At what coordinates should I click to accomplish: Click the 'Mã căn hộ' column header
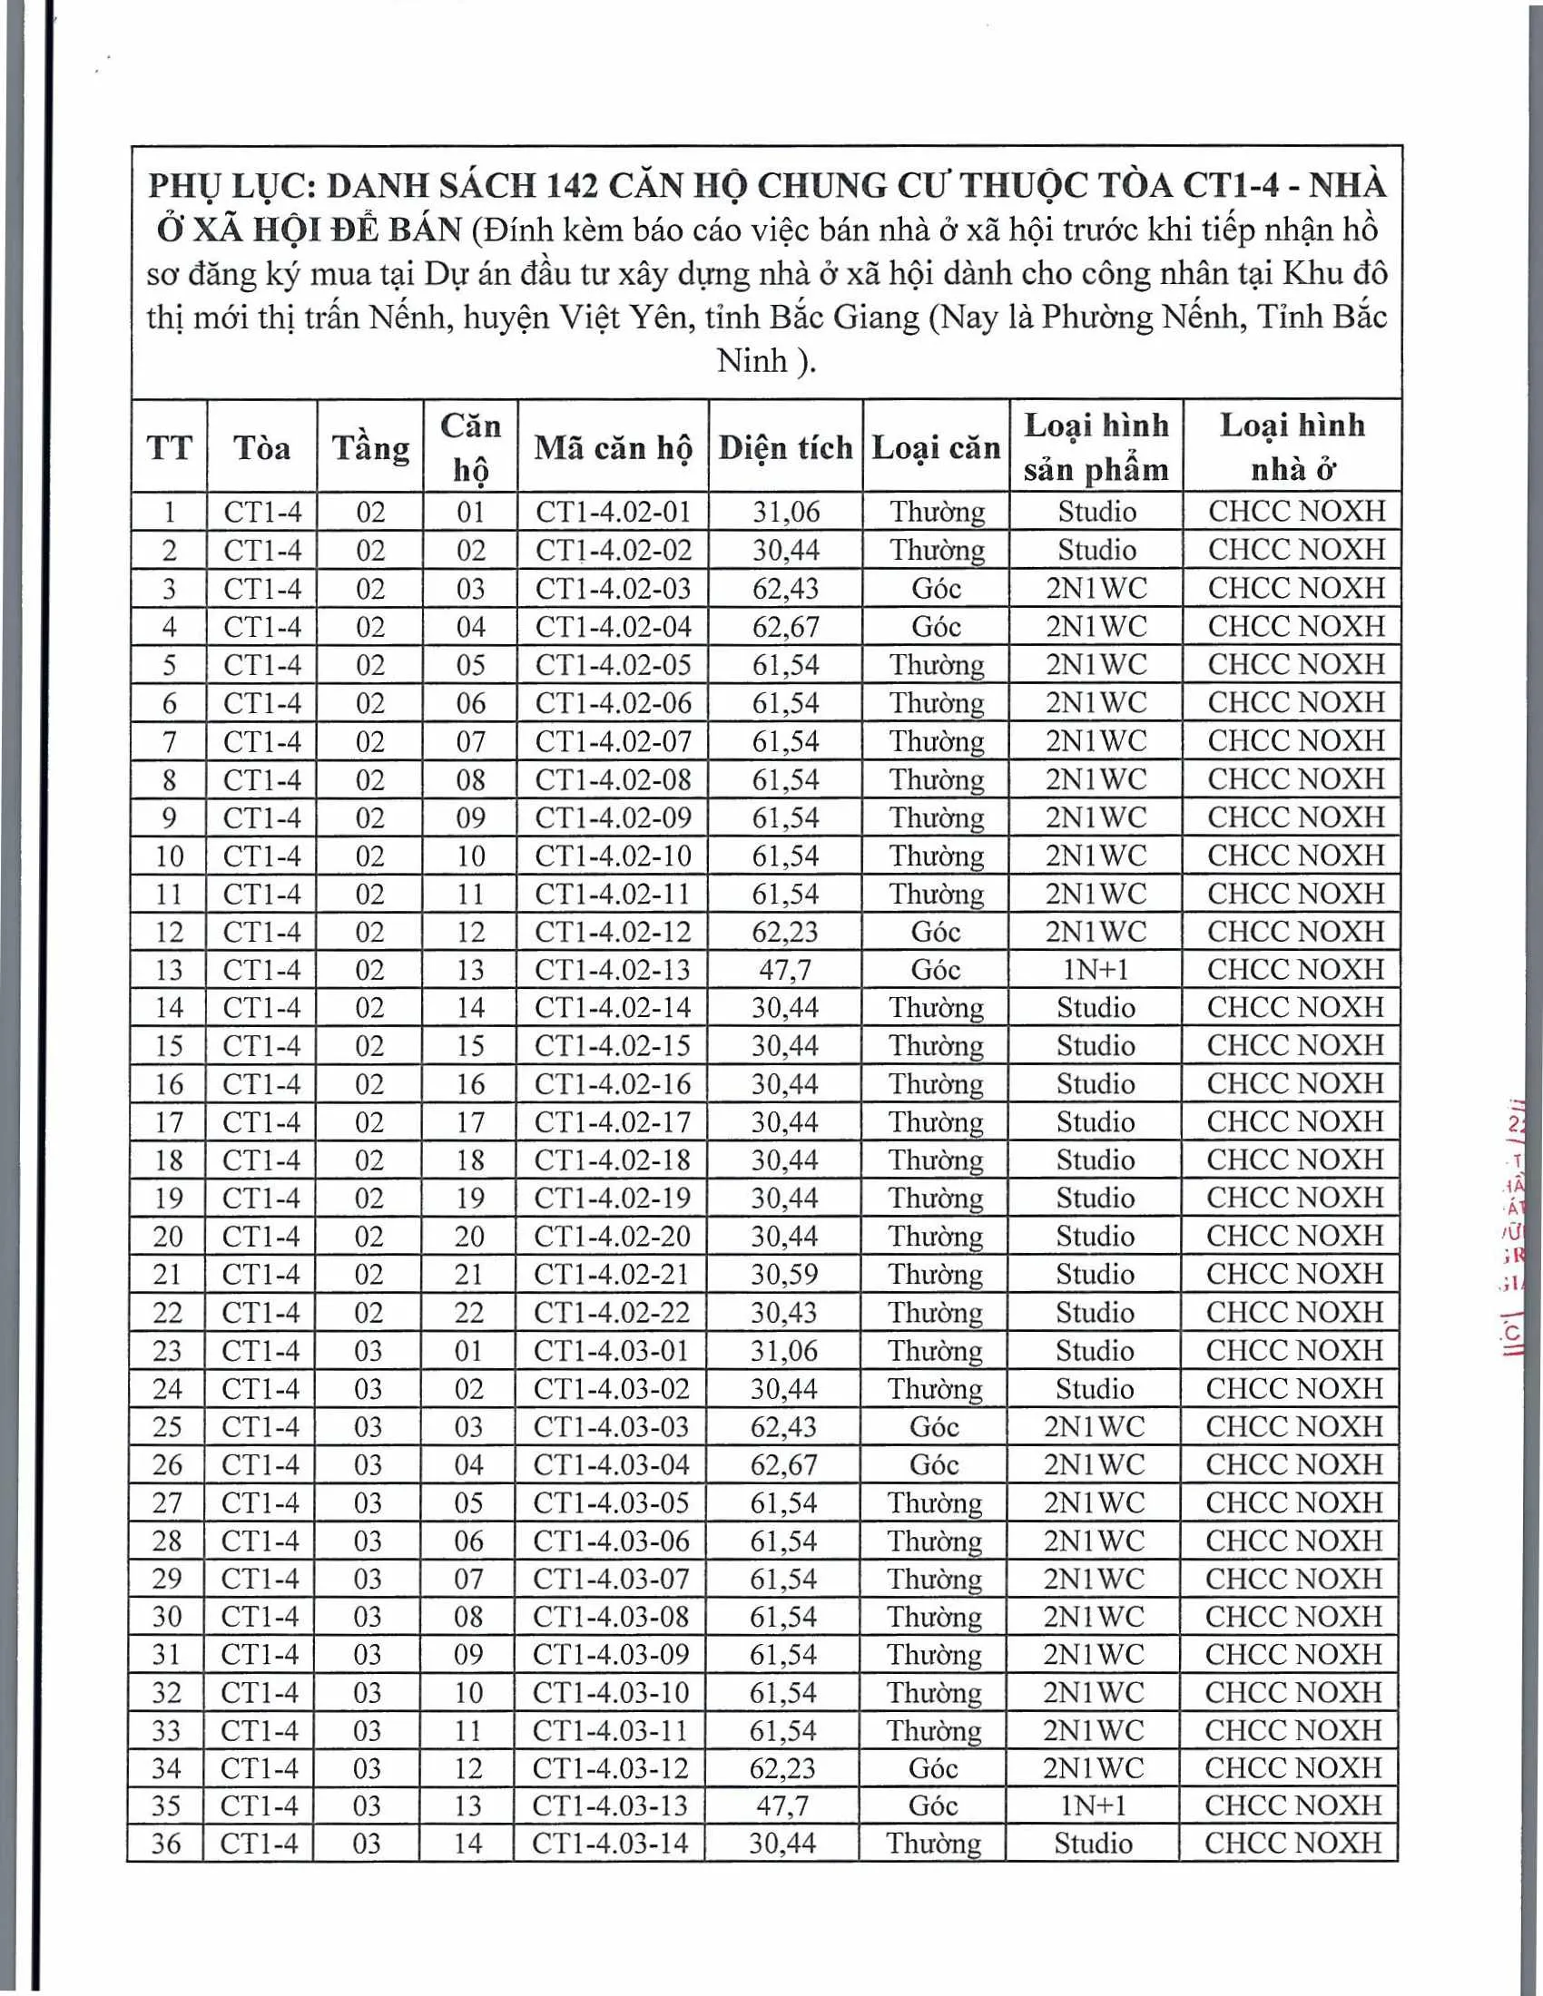click(x=613, y=448)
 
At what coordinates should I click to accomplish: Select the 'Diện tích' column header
click(x=785, y=448)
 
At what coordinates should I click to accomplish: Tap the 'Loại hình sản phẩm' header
click(x=1096, y=447)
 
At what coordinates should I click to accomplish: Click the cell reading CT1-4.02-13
click(x=613, y=970)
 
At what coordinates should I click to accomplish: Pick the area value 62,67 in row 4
click(x=785, y=627)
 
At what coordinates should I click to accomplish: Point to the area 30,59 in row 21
click(x=784, y=1274)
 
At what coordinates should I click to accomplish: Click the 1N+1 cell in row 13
click(x=1096, y=970)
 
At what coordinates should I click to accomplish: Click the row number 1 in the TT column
click(x=169, y=512)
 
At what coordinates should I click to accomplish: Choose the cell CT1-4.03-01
click(x=612, y=1351)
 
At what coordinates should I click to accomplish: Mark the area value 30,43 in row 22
click(x=784, y=1313)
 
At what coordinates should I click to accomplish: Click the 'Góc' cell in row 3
click(x=936, y=589)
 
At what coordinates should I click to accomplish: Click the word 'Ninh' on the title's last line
click(x=752, y=361)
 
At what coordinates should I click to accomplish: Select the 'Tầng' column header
click(x=370, y=448)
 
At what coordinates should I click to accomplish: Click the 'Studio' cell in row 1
click(x=1097, y=512)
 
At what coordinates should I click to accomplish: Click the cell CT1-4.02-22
click(x=612, y=1313)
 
